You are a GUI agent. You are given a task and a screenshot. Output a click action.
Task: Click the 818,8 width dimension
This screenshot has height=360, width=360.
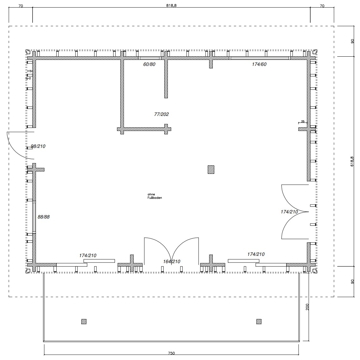pos(171,5)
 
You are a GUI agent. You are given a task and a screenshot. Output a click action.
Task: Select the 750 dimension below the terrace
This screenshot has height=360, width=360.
pos(171,353)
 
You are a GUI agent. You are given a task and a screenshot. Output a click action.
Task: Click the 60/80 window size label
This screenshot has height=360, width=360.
pos(149,64)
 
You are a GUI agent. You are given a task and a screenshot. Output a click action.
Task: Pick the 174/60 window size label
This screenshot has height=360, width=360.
pos(259,64)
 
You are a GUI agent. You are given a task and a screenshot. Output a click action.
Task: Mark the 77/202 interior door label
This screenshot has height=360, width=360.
pos(161,114)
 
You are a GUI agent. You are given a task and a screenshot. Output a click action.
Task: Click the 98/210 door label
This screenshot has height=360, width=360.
pos(38,146)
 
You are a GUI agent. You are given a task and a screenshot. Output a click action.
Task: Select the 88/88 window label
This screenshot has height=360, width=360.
pos(44,217)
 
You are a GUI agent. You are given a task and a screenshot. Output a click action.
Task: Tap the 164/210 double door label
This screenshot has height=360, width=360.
pos(172,262)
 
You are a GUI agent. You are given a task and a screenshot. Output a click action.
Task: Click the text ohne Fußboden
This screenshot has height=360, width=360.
pos(155,196)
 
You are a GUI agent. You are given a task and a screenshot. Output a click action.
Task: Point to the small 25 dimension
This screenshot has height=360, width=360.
pos(303,122)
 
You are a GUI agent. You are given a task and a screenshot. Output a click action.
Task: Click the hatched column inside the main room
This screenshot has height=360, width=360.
pos(211,169)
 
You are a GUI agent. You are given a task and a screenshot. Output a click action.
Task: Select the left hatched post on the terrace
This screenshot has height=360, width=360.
pos(84,322)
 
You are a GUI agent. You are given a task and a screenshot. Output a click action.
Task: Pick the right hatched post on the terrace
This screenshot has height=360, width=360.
pos(259,322)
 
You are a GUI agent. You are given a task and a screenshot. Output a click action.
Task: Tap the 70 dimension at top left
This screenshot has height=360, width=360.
pos(21,5)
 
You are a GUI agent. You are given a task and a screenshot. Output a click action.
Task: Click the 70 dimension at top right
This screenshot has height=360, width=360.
pos(322,5)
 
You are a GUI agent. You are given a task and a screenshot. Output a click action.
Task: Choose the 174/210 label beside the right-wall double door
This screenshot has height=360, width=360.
pos(289,212)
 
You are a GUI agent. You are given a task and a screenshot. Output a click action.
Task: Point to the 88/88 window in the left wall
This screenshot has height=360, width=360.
pos(34,217)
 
